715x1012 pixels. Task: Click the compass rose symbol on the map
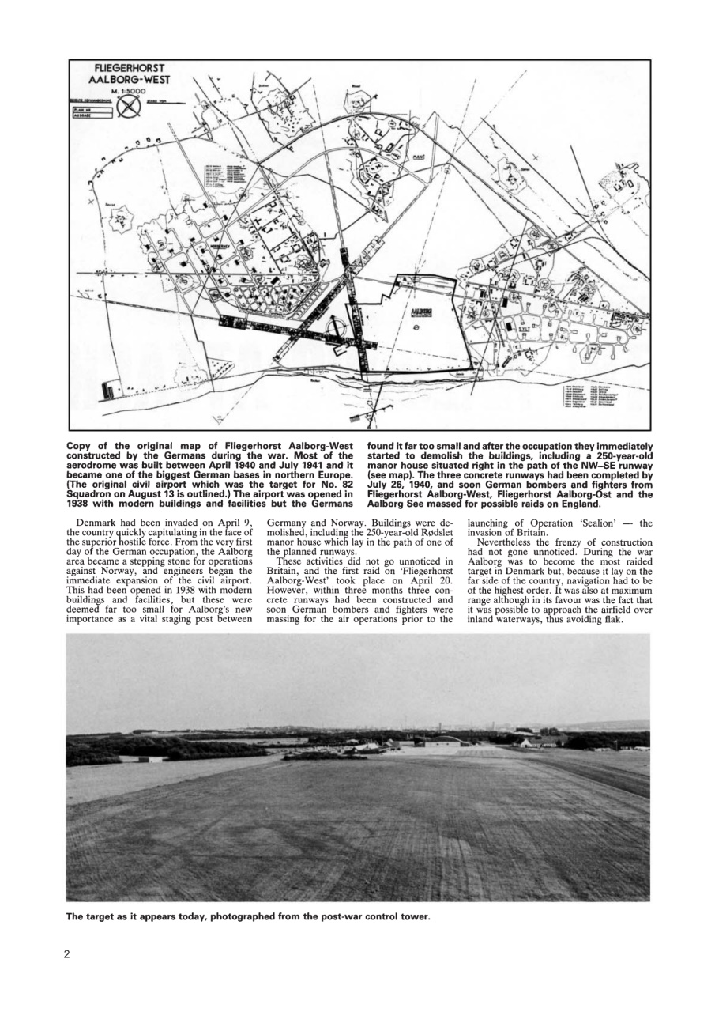[x=129, y=108]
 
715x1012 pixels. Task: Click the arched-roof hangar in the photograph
[x=442, y=740]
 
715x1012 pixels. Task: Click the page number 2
[x=67, y=953]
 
